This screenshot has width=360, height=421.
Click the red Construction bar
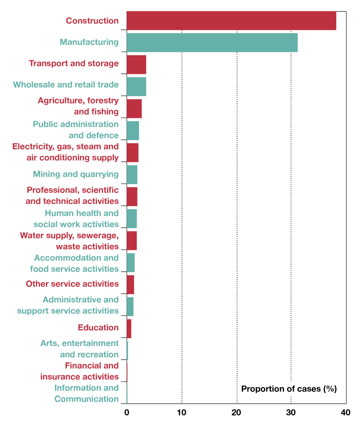[x=231, y=21]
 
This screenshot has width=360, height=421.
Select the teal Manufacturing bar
[x=212, y=43]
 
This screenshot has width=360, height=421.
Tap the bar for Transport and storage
[x=136, y=65]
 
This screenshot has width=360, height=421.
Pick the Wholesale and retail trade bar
[x=136, y=87]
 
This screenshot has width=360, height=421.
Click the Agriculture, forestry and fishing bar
[x=134, y=109]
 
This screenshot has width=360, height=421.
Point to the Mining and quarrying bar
[x=132, y=175]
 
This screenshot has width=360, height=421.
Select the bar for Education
[x=129, y=329]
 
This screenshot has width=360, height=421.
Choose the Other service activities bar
[x=130, y=285]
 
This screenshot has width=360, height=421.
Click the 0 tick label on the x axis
[x=126, y=413]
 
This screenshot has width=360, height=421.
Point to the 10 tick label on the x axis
[x=182, y=413]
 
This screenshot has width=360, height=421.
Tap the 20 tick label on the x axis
[x=236, y=413]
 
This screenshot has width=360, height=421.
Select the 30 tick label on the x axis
[x=291, y=413]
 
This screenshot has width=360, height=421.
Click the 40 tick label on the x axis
[x=345, y=413]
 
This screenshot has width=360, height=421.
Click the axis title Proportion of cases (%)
[x=289, y=389]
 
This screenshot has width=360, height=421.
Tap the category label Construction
[x=92, y=21]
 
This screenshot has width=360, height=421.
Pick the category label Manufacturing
[x=89, y=42]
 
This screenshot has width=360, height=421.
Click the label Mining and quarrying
[x=76, y=174]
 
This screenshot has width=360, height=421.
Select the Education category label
[x=98, y=328]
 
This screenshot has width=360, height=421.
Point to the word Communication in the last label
[x=87, y=399]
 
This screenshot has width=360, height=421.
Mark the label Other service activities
[x=72, y=284]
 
